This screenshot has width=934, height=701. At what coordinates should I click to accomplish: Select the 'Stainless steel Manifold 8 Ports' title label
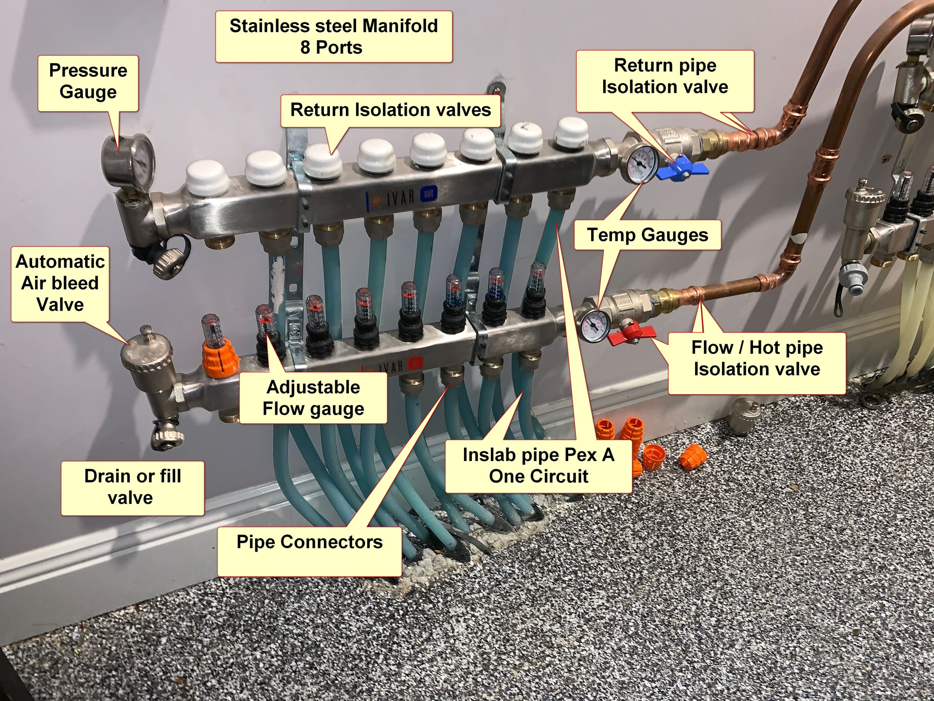pyautogui.click(x=333, y=37)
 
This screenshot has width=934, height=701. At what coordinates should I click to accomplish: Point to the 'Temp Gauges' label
pyautogui.click(x=647, y=235)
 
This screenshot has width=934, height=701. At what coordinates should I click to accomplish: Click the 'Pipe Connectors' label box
pyautogui.click(x=309, y=550)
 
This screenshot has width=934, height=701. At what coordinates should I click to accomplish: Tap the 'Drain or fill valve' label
pyautogui.click(x=132, y=487)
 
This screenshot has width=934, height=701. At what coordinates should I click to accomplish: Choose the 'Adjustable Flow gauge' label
pyautogui.click(x=313, y=398)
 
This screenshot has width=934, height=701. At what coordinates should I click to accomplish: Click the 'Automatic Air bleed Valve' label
pyautogui.click(x=60, y=283)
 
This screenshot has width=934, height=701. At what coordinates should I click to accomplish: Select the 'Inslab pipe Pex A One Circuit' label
pyautogui.click(x=538, y=465)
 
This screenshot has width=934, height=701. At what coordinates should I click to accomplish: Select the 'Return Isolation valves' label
pyautogui.click(x=391, y=110)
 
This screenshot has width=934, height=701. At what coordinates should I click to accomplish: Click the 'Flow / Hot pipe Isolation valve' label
pyautogui.click(x=756, y=359)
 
